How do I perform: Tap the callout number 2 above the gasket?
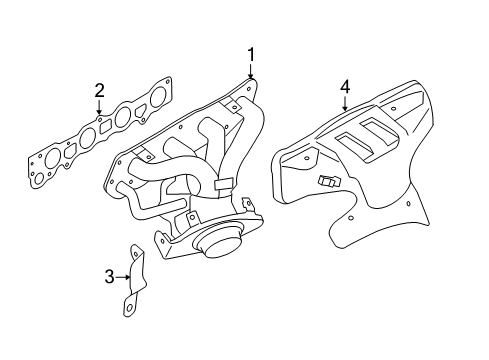100,91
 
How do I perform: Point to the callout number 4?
345,88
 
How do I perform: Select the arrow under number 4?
345,104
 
